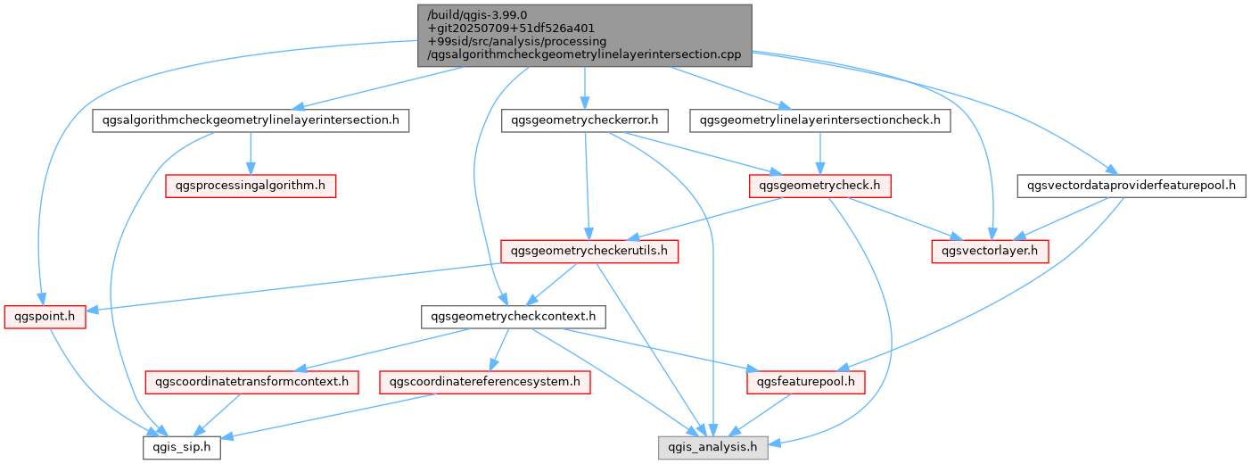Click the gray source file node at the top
[x=584, y=35]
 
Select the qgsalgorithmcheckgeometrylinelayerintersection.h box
[x=251, y=120]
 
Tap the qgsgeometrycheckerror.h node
[x=585, y=120]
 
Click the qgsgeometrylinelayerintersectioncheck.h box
[x=819, y=120]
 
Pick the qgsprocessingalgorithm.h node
[x=251, y=186]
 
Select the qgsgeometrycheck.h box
[x=819, y=186]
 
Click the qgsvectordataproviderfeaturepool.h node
[x=1132, y=186]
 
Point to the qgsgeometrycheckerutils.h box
[x=589, y=252]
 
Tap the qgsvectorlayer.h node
[x=990, y=252]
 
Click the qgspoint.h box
[x=45, y=317]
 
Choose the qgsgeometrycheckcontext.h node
[x=514, y=317]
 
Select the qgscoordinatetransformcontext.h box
[x=251, y=383]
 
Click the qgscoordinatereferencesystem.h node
[x=485, y=383]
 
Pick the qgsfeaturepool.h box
[x=806, y=383]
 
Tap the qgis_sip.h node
[x=182, y=448]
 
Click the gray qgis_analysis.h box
[x=712, y=448]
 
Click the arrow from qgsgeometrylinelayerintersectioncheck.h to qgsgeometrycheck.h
[x=819, y=153]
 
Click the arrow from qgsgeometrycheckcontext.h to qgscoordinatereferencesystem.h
[x=499, y=350]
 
